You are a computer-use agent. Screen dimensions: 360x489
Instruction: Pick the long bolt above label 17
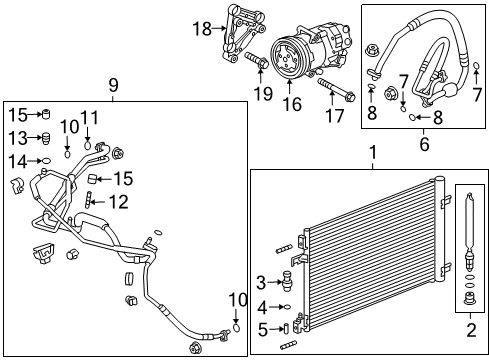click(x=335, y=83)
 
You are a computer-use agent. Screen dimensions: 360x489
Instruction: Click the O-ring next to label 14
click(x=44, y=159)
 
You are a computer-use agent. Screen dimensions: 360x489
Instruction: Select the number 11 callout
click(x=90, y=117)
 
